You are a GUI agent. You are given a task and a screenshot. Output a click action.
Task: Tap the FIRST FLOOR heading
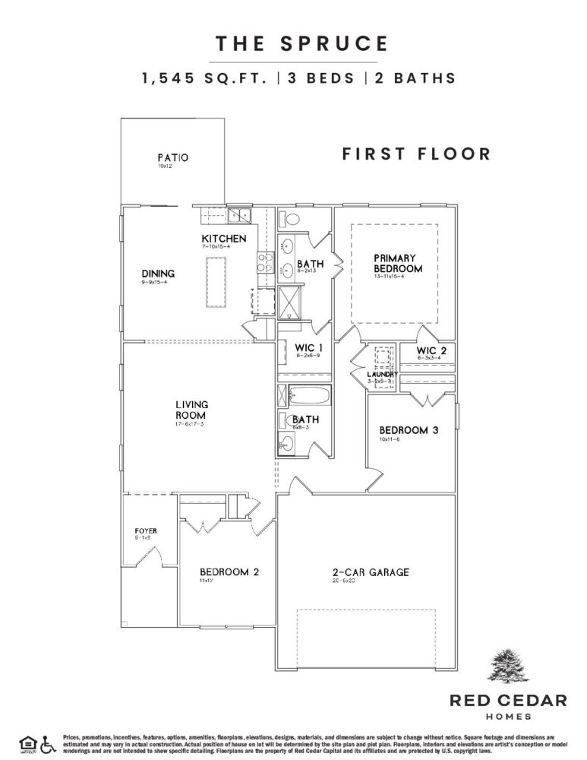416,154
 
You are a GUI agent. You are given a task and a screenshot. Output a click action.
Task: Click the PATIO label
172,158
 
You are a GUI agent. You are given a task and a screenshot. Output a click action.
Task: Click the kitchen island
213,281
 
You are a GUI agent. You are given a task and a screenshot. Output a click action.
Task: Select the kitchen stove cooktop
265,263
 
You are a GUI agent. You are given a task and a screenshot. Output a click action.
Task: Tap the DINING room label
158,274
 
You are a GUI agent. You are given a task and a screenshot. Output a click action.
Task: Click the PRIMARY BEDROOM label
397,264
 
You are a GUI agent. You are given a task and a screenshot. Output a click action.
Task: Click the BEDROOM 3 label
409,430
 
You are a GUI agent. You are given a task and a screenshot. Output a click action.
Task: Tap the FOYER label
146,530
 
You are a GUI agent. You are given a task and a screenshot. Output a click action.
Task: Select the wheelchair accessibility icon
49,743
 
